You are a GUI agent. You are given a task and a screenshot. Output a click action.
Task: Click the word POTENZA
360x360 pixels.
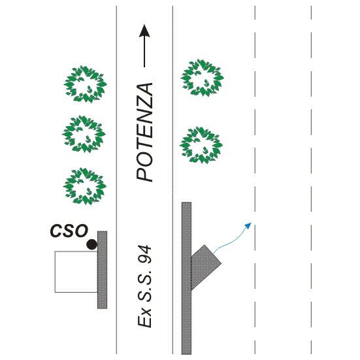144,133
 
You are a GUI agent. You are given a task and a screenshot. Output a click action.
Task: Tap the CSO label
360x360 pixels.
69,231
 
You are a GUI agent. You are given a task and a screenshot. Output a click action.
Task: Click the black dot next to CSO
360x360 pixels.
91,244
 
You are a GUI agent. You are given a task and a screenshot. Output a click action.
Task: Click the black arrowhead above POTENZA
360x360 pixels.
144,31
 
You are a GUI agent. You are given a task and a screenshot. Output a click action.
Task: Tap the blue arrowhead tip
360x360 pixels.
251,223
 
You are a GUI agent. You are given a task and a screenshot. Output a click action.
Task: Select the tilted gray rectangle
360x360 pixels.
205,267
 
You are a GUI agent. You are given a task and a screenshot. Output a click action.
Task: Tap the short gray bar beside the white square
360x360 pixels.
102,270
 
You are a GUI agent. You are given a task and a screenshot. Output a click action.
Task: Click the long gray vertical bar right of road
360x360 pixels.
186,278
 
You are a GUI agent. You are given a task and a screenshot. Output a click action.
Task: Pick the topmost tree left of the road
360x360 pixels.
86,84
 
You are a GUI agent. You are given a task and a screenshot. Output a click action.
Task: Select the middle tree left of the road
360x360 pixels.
84,134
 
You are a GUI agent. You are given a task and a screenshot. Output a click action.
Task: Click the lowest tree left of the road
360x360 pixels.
85,186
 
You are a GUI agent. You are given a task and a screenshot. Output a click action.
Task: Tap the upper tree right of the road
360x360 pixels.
203,78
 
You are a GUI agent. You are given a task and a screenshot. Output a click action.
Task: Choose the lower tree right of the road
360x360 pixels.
201,145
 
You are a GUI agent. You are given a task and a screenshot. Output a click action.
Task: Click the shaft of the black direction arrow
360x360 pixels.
144,52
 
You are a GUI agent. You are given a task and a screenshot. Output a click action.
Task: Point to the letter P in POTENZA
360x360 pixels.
144,175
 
